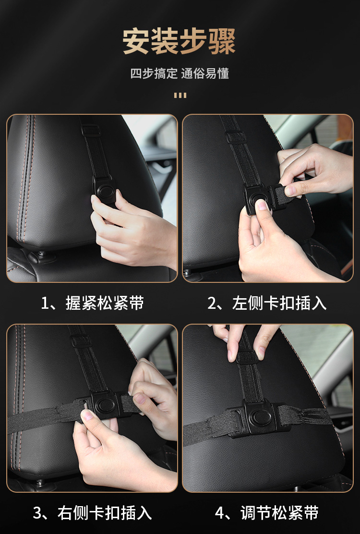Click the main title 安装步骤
180,41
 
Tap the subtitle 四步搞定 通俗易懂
180,73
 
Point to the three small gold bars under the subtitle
180,96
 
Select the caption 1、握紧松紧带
92,303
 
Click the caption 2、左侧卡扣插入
267,303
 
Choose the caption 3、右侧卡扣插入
92,513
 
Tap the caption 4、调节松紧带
267,513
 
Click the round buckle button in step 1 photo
104,190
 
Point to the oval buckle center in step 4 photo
260,416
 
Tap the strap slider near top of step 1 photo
91,130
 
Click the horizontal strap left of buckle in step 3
44,417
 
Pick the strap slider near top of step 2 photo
237,138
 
